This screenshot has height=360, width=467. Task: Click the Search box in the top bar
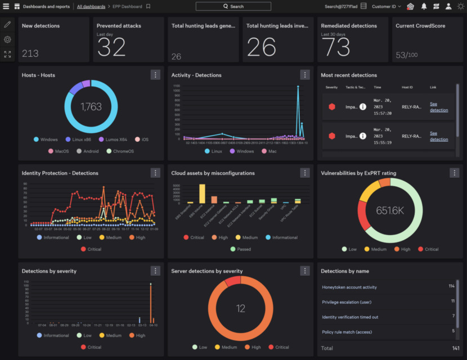click(233, 6)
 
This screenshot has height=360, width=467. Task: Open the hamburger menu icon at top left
click(6, 6)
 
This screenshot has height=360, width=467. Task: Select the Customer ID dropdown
click(387, 6)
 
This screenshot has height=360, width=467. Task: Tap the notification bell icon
click(424, 6)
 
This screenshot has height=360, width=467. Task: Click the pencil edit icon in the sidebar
click(7, 24)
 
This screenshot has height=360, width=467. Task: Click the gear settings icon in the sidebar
click(7, 39)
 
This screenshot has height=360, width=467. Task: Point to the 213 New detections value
click(30, 53)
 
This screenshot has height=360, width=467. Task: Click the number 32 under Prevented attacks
click(111, 48)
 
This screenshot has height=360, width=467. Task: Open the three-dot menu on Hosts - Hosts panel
click(155, 75)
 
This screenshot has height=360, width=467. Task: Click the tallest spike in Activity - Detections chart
click(298, 87)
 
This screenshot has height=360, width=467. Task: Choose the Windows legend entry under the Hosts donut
click(46, 139)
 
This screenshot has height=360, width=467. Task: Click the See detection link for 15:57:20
click(439, 107)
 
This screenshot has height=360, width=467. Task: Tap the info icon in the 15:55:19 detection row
click(363, 136)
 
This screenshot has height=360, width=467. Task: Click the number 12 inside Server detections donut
click(240, 308)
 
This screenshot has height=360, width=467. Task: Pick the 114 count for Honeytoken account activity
click(451, 287)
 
